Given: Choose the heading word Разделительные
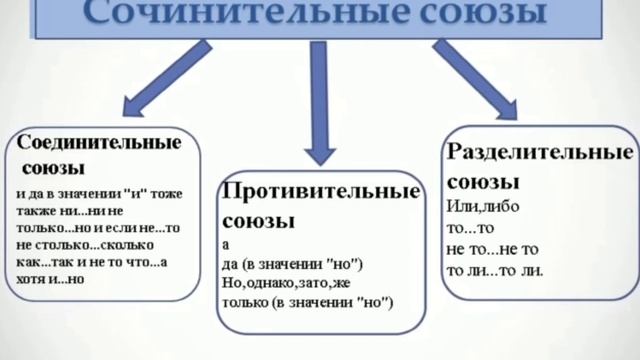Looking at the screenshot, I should pos(538,154).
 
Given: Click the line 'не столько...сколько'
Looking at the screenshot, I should pos(80,244).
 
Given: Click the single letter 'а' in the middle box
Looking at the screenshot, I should pos(227,245).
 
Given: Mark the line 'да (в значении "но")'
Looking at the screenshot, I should pos(292,264).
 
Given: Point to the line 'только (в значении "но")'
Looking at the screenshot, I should pos(309,303).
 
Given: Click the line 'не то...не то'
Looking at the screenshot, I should pos(493,249).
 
